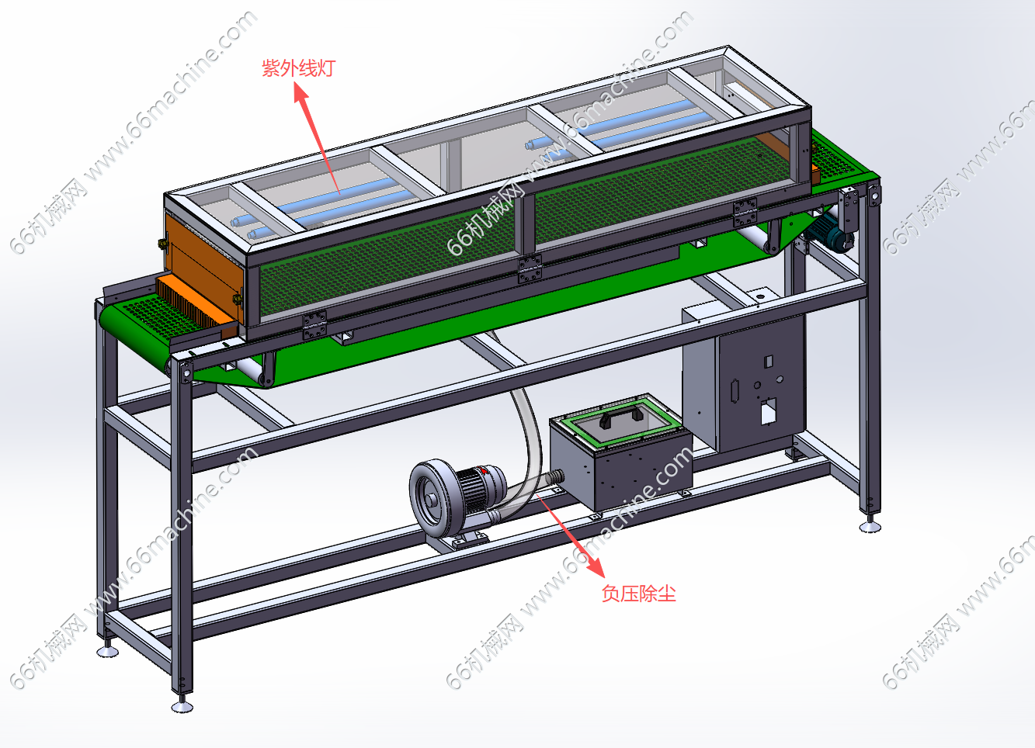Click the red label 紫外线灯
298,68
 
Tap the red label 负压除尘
638,594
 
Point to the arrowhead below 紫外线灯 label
300,92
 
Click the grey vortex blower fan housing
432,499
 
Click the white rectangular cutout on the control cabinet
768,411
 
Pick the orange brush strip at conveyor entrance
192,300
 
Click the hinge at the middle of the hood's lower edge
530,268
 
